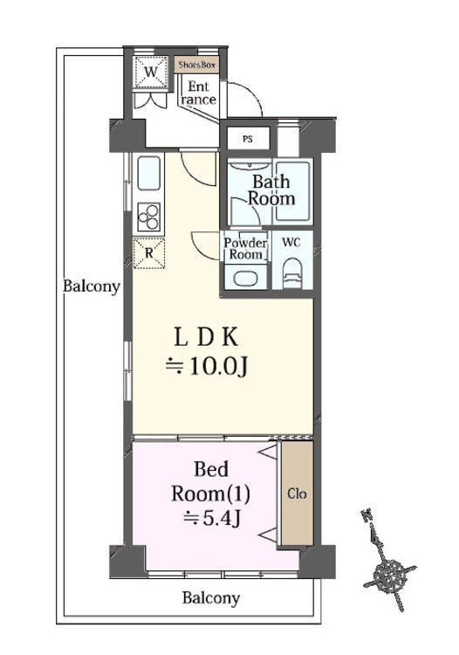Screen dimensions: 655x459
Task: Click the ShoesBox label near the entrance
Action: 196,65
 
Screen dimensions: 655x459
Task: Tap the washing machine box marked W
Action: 151,72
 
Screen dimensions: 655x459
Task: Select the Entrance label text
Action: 198,93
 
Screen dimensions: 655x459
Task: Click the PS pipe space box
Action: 248,138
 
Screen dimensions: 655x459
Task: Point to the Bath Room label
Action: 271,190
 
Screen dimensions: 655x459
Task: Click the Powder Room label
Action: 246,249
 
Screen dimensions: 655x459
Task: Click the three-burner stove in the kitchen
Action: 148,215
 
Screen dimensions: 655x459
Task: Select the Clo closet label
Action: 297,493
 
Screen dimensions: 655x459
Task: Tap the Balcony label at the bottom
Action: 210,599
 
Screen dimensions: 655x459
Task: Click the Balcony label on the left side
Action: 92,286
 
